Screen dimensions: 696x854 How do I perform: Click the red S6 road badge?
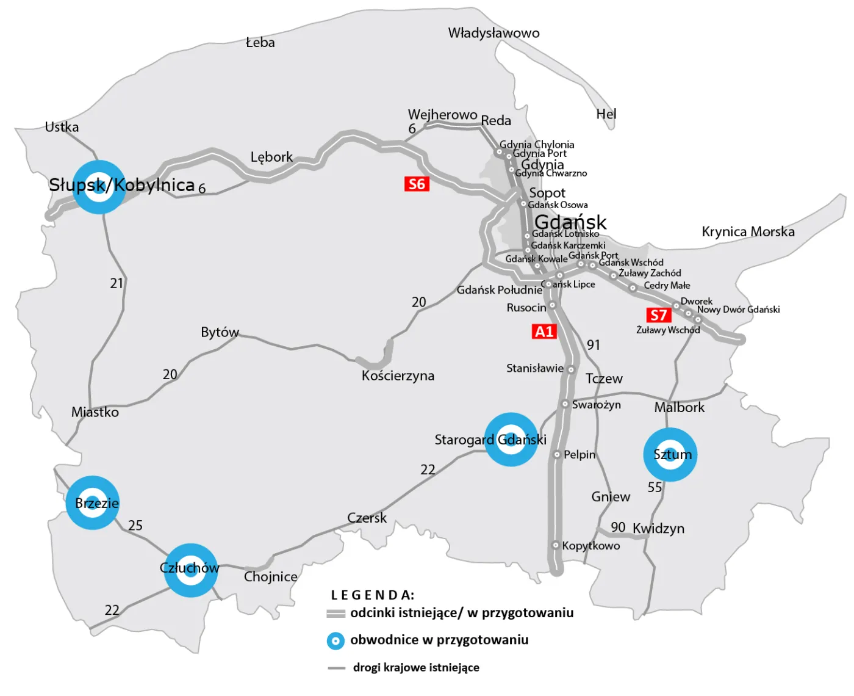point(417,184)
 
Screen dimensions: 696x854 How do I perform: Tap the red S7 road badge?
point(658,315)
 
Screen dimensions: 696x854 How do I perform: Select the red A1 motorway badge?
point(544,332)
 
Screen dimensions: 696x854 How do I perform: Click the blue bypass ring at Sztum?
point(670,454)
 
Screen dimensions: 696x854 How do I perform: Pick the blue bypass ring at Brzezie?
point(93,502)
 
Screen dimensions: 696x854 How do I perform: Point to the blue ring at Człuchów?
point(191,570)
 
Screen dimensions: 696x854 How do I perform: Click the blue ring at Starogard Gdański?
point(511,440)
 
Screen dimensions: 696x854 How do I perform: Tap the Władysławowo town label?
point(493,33)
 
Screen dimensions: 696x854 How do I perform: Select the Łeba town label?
point(260,43)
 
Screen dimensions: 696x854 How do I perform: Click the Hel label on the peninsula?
point(606,114)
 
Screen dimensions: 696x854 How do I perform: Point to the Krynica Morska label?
point(748,232)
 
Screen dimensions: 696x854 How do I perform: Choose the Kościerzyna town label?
point(398,375)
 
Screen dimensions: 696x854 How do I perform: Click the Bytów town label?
point(220,332)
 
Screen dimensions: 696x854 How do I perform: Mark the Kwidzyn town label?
point(658,529)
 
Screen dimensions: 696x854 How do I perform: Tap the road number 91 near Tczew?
point(593,345)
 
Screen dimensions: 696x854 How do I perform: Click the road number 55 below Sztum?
point(655,487)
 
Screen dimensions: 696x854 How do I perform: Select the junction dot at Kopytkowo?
point(556,545)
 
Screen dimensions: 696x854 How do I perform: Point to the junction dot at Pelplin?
point(557,454)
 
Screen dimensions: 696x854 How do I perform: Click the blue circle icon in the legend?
point(335,640)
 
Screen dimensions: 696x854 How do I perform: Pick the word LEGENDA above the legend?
point(372,595)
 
